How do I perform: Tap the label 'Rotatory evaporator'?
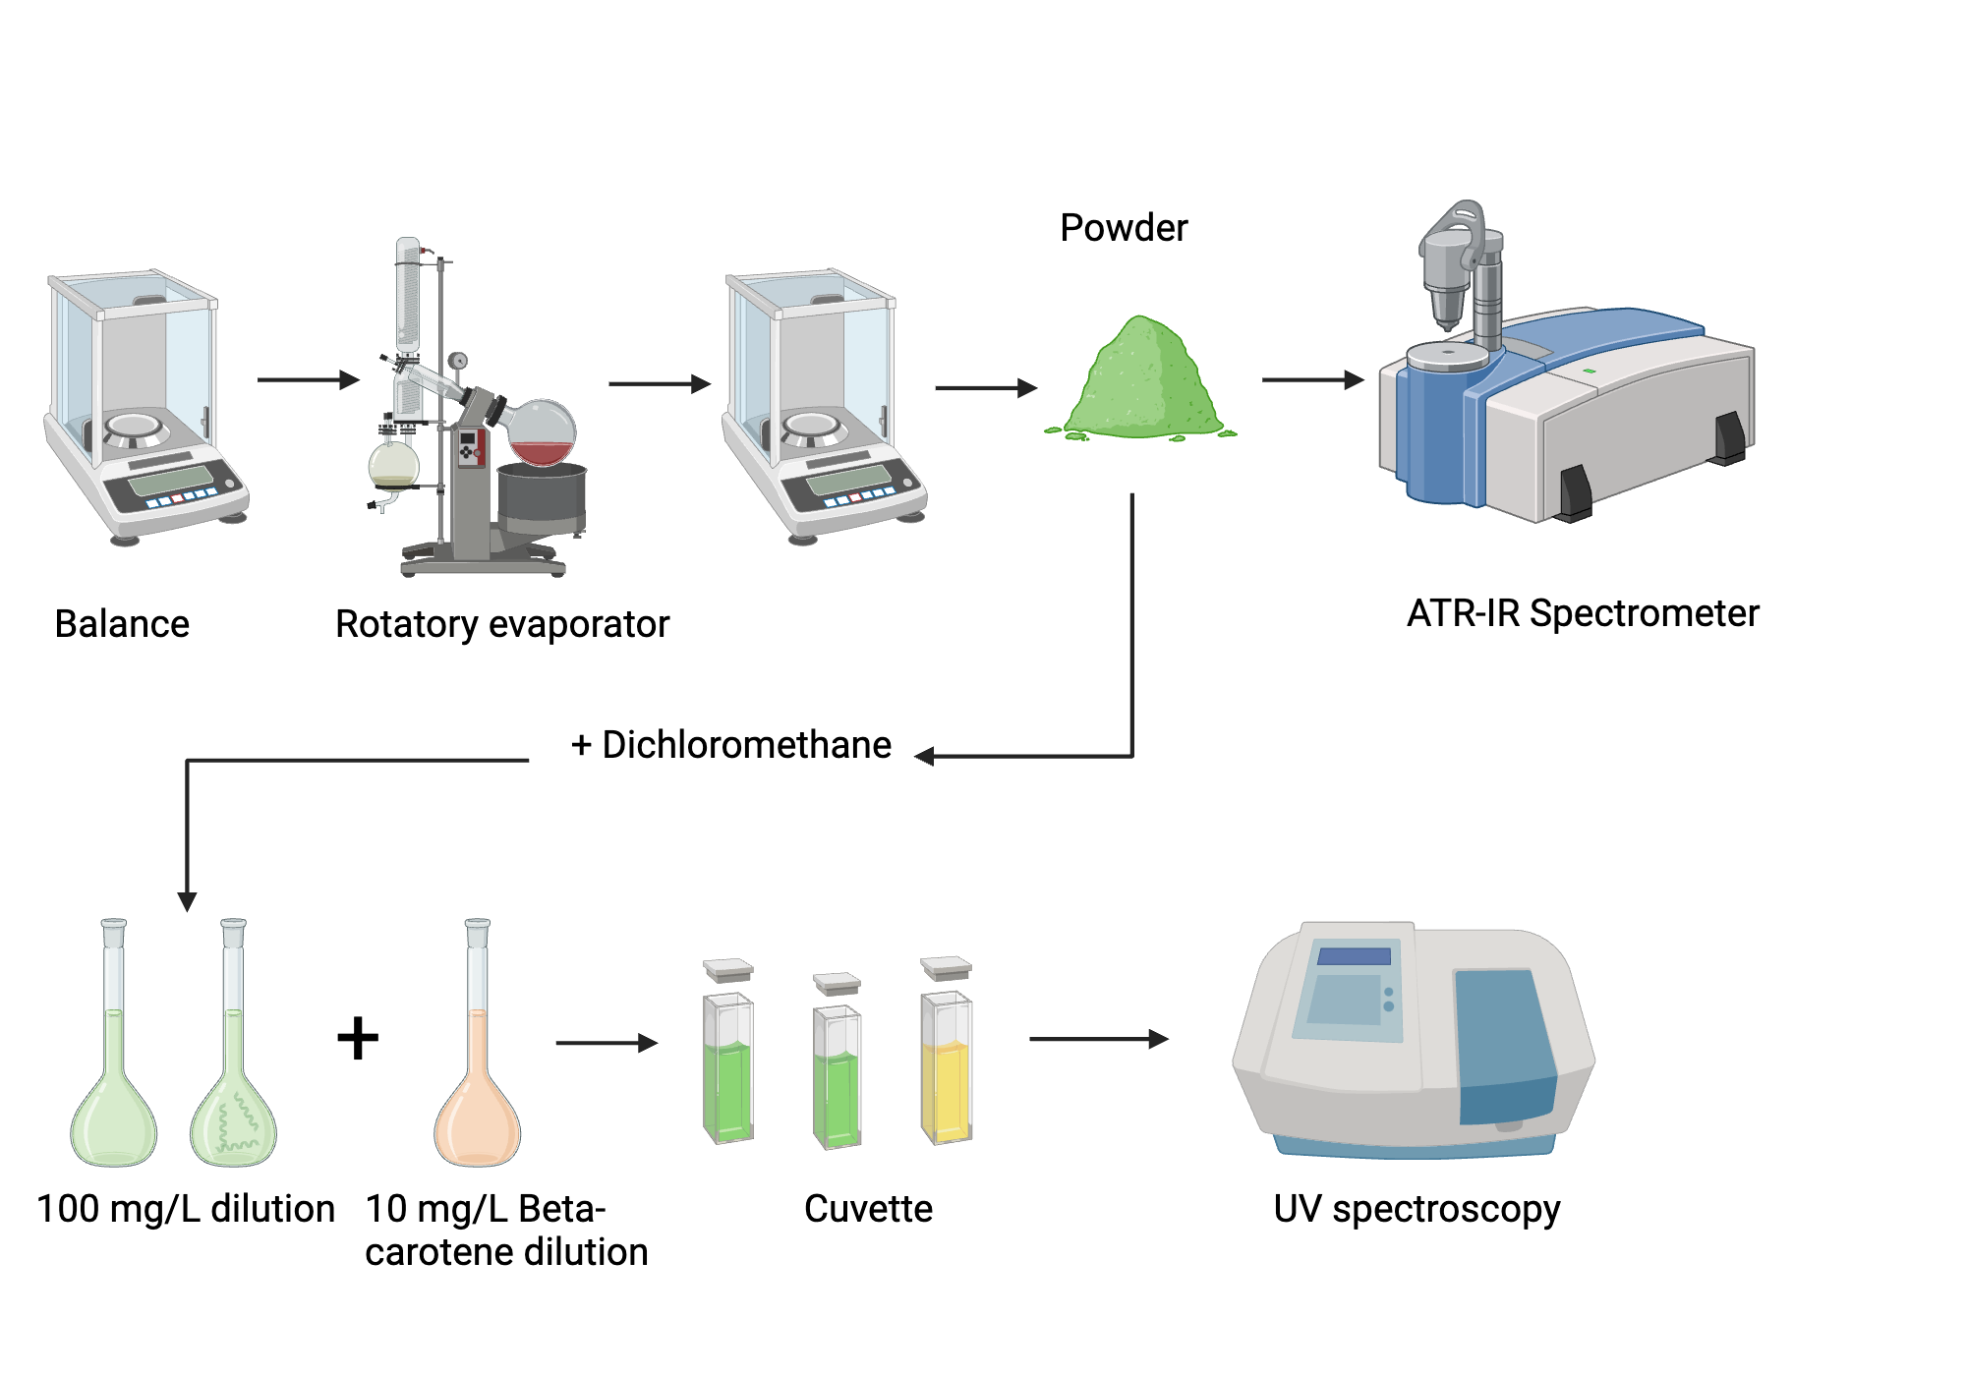pos(501,624)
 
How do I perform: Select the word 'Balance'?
pos(122,624)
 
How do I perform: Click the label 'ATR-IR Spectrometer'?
pos(1582,613)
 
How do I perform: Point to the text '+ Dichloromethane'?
pos(731,745)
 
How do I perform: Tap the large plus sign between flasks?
pos(358,1038)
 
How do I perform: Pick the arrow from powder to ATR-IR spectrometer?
pos(1311,379)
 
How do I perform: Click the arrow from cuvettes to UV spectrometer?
pos(1097,1039)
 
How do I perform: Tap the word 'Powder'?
pos(1124,228)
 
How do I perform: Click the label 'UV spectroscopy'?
pos(1417,1209)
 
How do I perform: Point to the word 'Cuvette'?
pos(868,1209)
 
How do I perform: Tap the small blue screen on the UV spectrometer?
pos(1354,956)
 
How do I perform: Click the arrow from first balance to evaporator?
pos(308,379)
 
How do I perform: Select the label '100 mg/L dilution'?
pos(186,1209)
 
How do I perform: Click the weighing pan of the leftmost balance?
pos(134,426)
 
